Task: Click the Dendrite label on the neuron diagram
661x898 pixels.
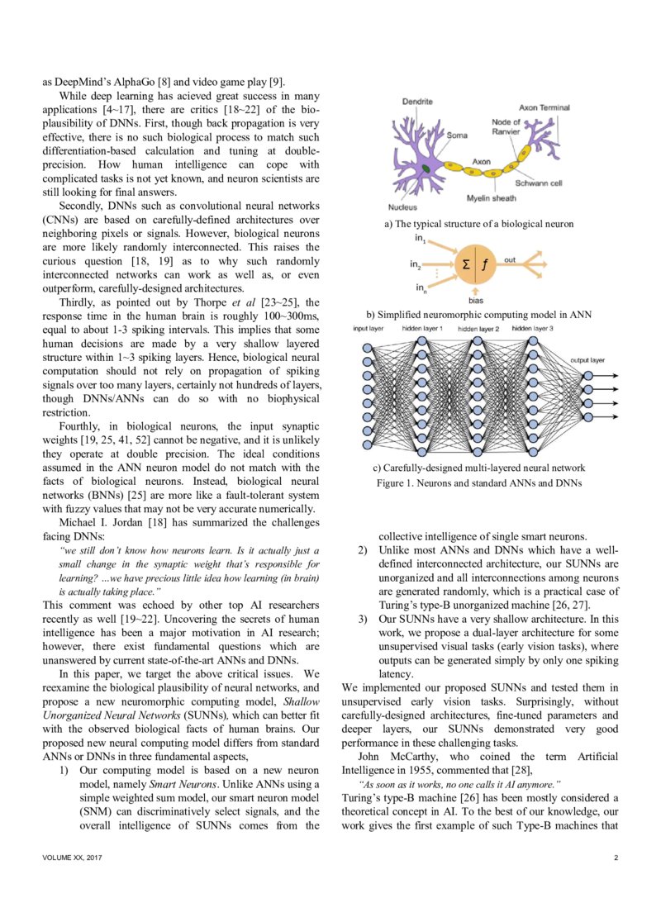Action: pos(417,101)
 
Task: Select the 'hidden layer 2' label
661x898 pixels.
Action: pos(478,329)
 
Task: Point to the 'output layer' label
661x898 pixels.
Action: pos(587,360)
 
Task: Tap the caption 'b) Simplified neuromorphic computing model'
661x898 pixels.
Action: pos(478,315)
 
